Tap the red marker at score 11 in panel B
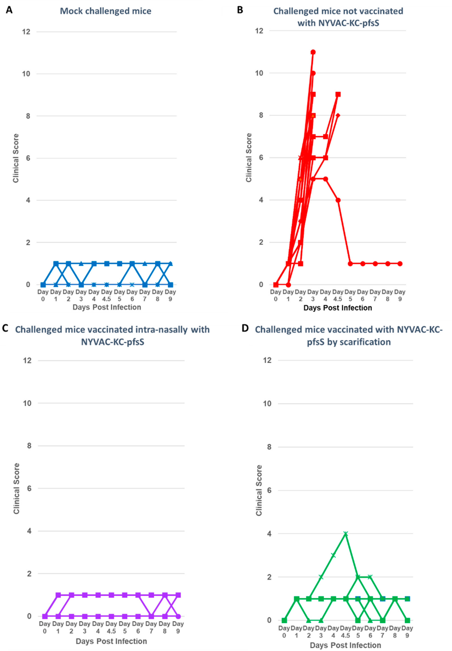click(313, 52)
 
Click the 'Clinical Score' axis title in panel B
click(249, 158)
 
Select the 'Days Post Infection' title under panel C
click(111, 641)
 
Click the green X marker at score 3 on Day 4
click(333, 555)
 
